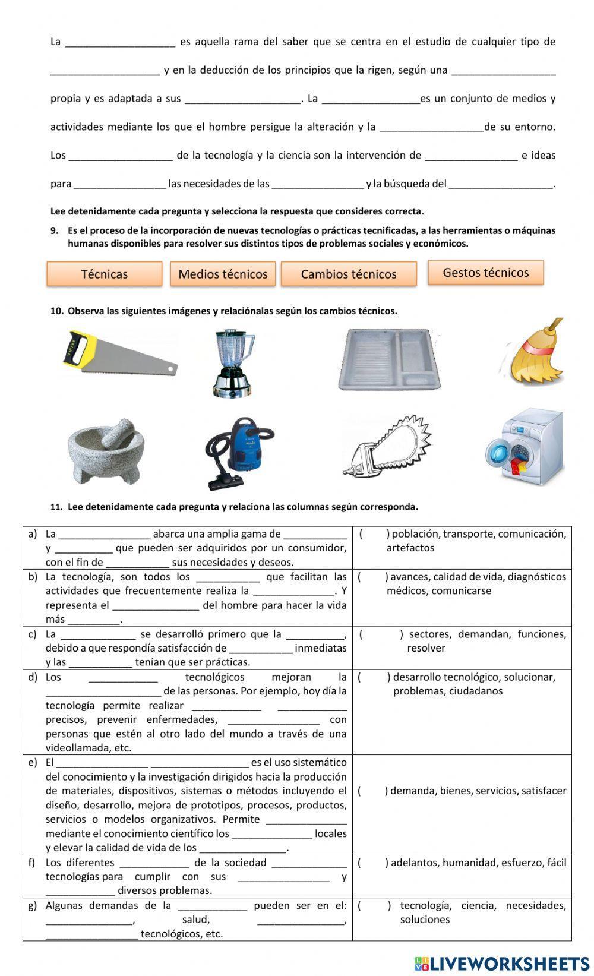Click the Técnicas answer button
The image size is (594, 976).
coord(105,274)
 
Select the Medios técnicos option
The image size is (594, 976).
coord(223,274)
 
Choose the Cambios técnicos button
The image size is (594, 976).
coord(349,274)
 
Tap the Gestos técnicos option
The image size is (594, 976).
coord(485,273)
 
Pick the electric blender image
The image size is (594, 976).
coord(232,363)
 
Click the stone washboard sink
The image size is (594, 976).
coord(389,359)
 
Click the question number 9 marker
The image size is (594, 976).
coord(54,230)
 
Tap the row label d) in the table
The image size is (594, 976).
coord(33,677)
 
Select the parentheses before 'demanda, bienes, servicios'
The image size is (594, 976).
coord(372,791)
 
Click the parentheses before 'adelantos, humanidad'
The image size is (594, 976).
coord(372,863)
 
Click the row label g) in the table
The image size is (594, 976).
coord(33,905)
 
